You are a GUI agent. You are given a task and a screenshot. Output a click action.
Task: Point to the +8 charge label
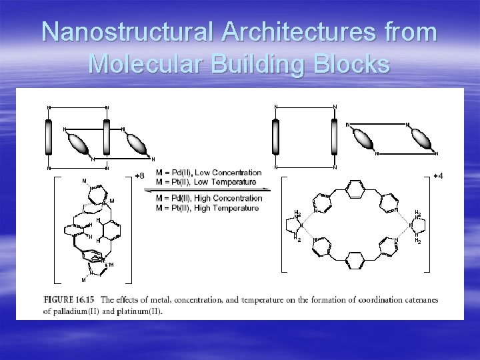click(139, 175)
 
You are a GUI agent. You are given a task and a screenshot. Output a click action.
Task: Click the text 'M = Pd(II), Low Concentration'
click(209, 173)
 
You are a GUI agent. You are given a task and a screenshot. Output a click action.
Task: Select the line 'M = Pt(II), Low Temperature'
click(205, 181)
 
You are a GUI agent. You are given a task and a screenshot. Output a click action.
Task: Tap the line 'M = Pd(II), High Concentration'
click(209, 198)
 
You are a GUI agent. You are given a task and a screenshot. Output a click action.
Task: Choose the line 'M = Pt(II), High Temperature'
click(207, 207)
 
